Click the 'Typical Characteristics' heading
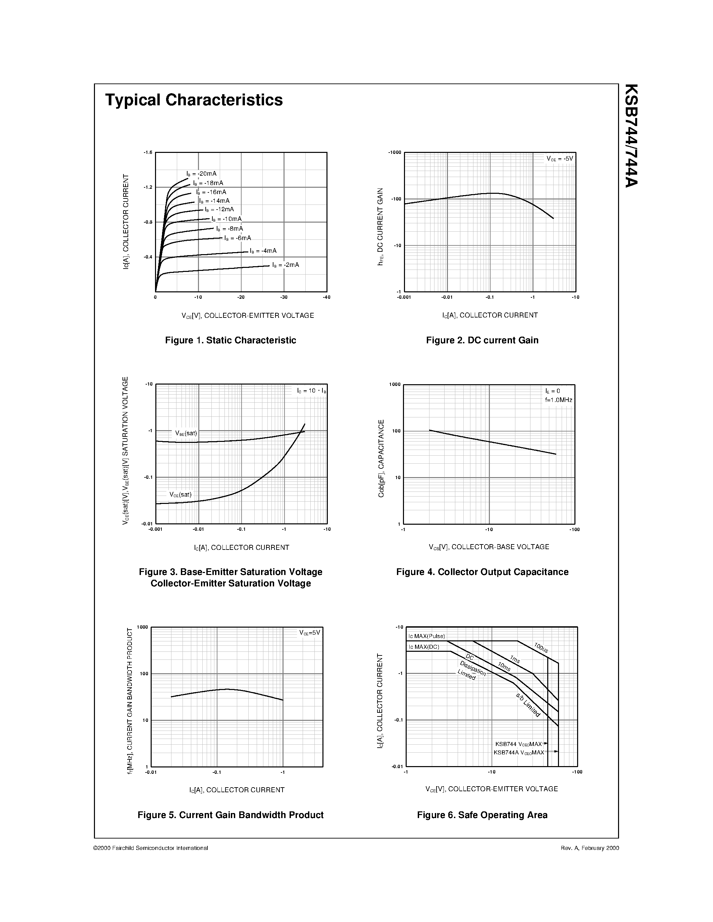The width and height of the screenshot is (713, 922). click(194, 100)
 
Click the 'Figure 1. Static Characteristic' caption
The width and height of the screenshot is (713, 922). click(230, 340)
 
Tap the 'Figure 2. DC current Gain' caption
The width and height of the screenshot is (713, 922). click(482, 340)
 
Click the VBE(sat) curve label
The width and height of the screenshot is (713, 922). click(186, 433)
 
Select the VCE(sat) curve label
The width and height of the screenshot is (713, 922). click(181, 494)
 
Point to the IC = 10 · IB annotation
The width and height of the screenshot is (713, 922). click(311, 391)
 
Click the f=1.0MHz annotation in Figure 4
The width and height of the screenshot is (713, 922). click(558, 400)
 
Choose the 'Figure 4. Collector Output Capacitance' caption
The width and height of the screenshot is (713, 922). click(482, 572)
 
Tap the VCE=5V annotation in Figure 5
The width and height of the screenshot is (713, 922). click(310, 633)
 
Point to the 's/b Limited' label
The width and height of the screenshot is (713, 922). click(527, 705)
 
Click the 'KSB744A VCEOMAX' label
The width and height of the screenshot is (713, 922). click(519, 752)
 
